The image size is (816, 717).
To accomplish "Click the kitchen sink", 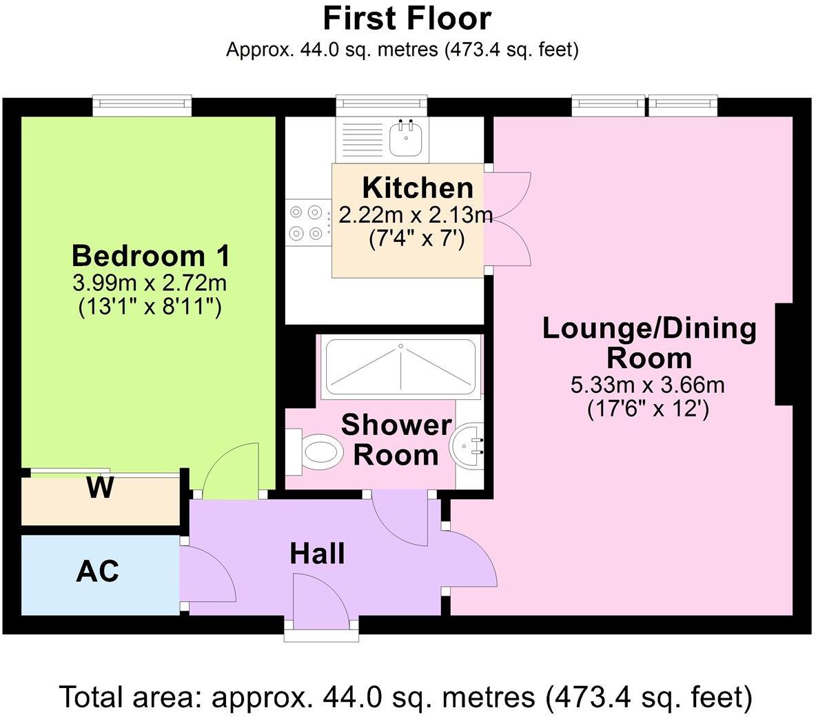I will click(x=406, y=138).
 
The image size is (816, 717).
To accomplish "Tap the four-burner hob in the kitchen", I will click(x=307, y=223).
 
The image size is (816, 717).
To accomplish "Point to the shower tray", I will click(x=400, y=366).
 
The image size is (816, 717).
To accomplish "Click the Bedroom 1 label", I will click(x=150, y=256).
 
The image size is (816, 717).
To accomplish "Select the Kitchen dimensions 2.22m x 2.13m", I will click(x=416, y=215).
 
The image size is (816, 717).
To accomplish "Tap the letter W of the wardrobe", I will click(x=101, y=488).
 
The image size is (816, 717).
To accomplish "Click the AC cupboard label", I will click(x=97, y=572).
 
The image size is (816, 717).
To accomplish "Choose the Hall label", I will click(x=317, y=554).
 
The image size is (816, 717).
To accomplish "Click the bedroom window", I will click(x=143, y=103).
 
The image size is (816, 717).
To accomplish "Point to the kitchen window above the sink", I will click(x=381, y=103).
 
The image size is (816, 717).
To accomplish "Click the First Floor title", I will click(x=407, y=19).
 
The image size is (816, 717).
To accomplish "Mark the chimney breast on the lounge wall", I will click(x=784, y=354).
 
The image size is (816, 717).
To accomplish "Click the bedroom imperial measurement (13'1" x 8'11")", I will click(x=150, y=307).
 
